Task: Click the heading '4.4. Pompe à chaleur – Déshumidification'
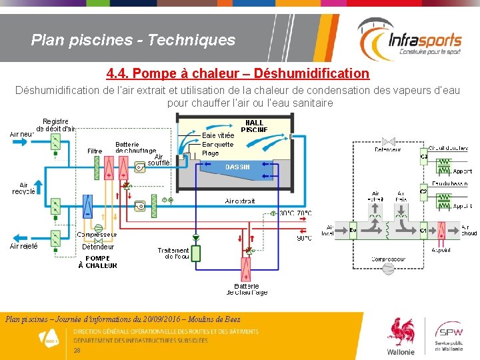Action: (237, 73)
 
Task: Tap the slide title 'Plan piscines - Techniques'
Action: (133, 40)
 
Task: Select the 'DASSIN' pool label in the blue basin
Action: (237, 167)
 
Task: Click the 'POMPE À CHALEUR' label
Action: (97, 262)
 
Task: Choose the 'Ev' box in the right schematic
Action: (353, 231)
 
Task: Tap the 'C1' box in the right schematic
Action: (423, 231)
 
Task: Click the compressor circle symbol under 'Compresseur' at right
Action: (388, 268)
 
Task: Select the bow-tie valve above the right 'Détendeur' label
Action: (388, 141)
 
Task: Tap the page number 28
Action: (77, 350)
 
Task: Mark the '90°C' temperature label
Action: (303, 238)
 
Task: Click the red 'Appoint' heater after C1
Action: (441, 231)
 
